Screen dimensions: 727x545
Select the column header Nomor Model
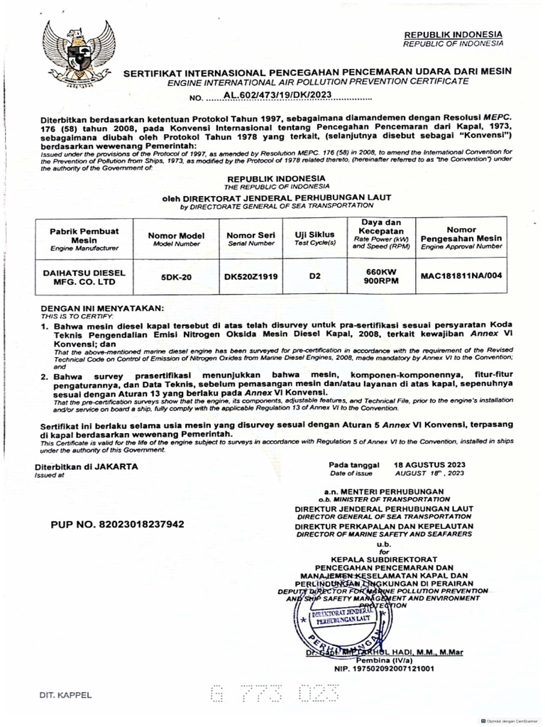coord(176,239)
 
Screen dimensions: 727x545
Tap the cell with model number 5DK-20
coord(176,278)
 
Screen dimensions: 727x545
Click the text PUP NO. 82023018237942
coord(117,524)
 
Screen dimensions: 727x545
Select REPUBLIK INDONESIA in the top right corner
coord(453,35)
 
